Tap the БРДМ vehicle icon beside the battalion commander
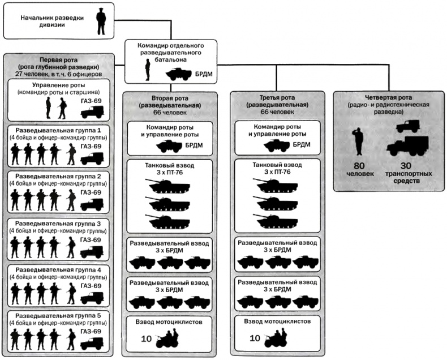coord(178,74)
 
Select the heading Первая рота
coord(58,59)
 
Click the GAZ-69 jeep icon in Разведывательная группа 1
coord(92,156)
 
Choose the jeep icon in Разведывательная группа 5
coord(92,342)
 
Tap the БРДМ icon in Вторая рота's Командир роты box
coord(169,145)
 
